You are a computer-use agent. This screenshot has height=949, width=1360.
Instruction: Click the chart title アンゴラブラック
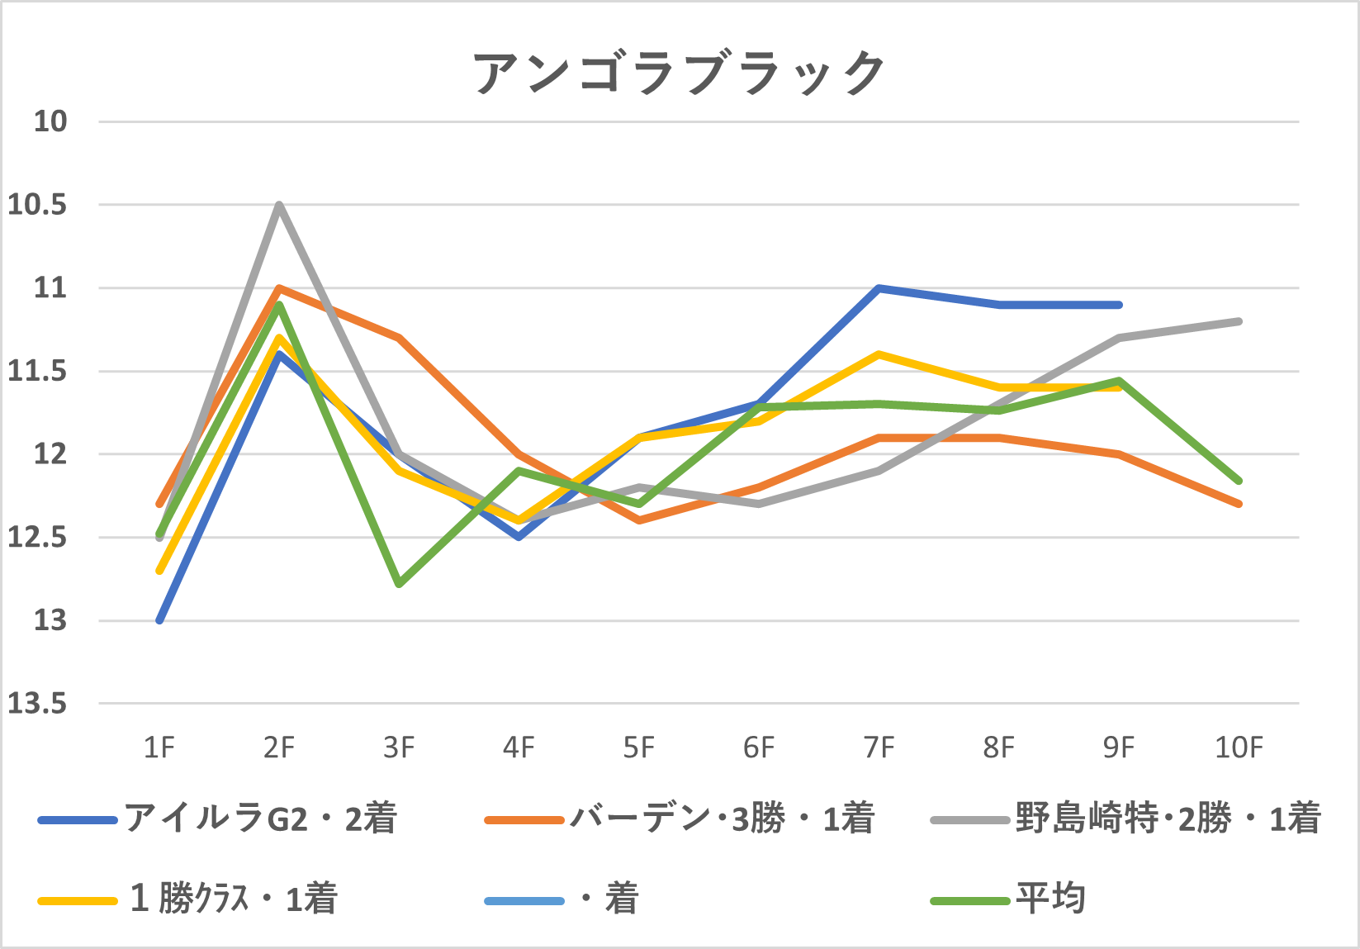[x=679, y=73]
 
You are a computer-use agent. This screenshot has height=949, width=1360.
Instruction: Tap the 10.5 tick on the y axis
[x=37, y=205]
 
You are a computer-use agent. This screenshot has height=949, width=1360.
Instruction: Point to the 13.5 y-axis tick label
[x=37, y=704]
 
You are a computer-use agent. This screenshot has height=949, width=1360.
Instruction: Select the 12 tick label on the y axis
[x=50, y=454]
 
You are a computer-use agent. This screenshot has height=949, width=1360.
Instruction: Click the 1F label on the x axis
[x=159, y=747]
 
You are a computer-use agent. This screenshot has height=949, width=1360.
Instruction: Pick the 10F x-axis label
[x=1239, y=747]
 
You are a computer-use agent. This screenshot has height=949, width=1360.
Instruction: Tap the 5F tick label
[x=639, y=747]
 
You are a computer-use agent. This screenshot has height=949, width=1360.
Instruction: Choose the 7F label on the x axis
[x=879, y=747]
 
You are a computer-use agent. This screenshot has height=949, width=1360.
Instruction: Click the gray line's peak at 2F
[x=279, y=205]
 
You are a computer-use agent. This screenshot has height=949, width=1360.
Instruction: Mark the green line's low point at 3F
[x=399, y=584]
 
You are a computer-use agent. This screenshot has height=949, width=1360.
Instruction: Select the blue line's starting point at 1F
[x=159, y=620]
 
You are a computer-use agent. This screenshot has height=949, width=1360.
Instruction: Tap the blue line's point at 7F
[x=879, y=288]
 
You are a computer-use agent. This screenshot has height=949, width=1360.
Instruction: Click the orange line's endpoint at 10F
[x=1239, y=504]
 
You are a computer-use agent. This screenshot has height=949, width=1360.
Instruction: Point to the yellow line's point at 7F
[x=879, y=354]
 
